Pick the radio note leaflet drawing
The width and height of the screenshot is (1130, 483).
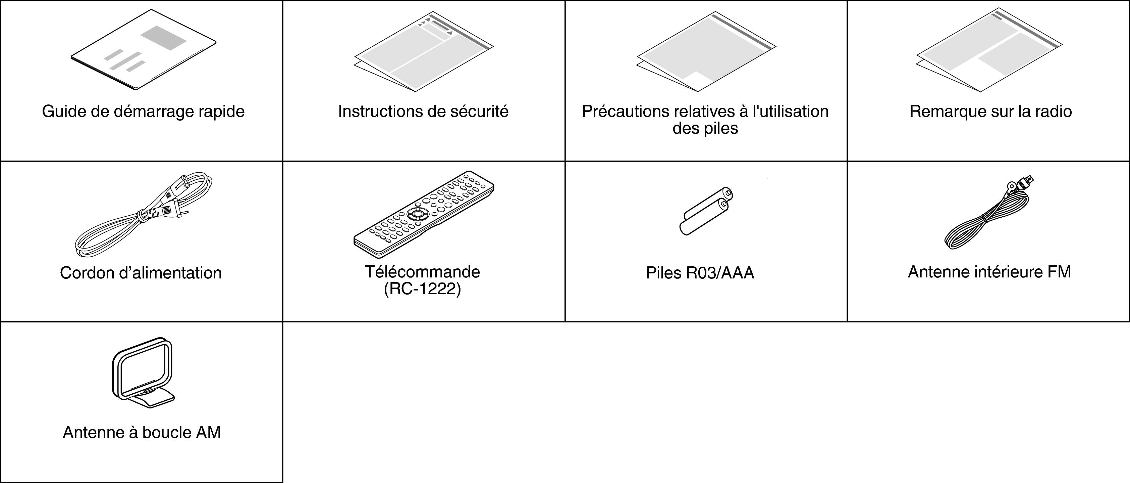point(989,50)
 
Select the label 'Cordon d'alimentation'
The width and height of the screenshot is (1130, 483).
point(141,273)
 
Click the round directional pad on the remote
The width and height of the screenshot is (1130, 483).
point(417,214)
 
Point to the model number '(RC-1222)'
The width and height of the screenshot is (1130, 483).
point(422,289)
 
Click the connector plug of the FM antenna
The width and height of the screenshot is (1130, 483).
point(1022,182)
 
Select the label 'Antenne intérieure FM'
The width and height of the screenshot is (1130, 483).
point(989,272)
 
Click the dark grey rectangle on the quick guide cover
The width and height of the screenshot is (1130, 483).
point(163,38)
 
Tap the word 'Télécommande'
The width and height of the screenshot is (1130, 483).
point(422,272)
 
